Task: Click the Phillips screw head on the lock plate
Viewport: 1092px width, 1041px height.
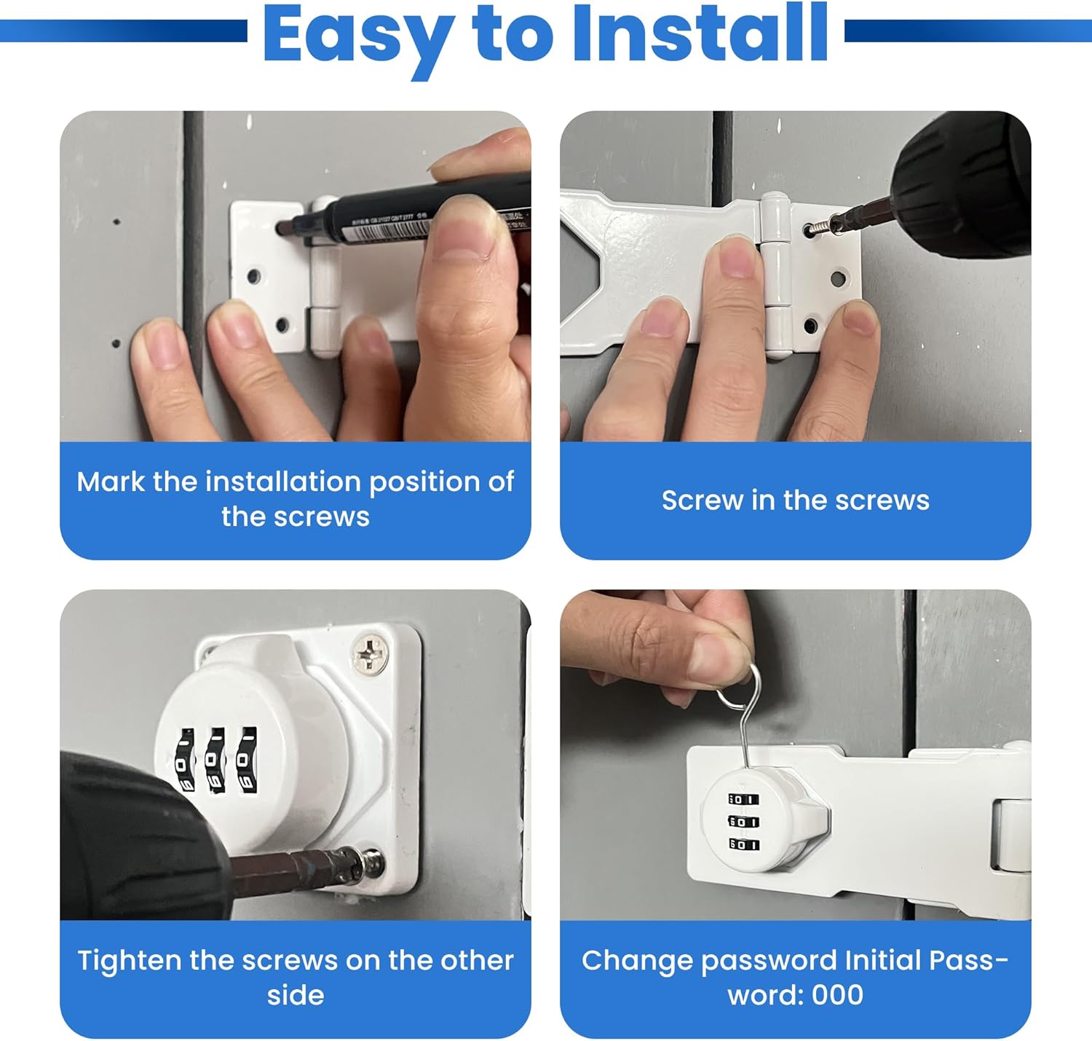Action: click(371, 653)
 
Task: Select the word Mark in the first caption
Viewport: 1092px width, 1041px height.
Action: click(110, 482)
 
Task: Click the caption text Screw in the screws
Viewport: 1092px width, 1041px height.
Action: click(795, 500)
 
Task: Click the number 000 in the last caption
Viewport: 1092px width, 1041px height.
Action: click(837, 995)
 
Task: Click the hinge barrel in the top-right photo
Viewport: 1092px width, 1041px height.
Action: click(775, 277)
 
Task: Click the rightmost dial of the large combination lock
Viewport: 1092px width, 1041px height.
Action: click(247, 760)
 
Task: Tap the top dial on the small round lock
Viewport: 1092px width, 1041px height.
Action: click(743, 799)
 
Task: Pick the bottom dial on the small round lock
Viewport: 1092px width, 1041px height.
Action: click(743, 844)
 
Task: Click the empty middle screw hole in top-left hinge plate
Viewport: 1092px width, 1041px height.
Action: click(253, 277)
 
